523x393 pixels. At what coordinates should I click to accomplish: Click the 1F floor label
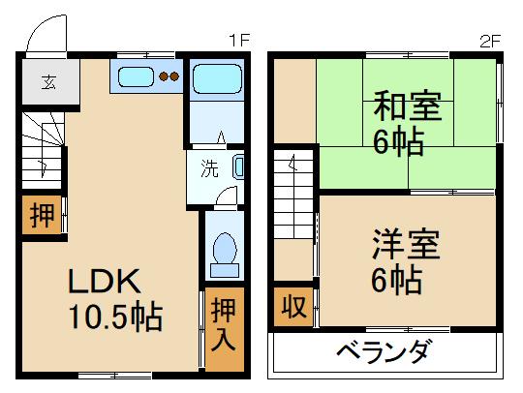point(239,40)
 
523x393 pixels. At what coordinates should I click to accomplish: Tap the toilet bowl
point(224,250)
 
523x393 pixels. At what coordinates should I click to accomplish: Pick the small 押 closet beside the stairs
point(42,216)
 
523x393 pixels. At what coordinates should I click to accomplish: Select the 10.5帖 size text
point(113,317)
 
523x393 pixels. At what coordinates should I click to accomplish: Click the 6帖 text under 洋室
point(396,280)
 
